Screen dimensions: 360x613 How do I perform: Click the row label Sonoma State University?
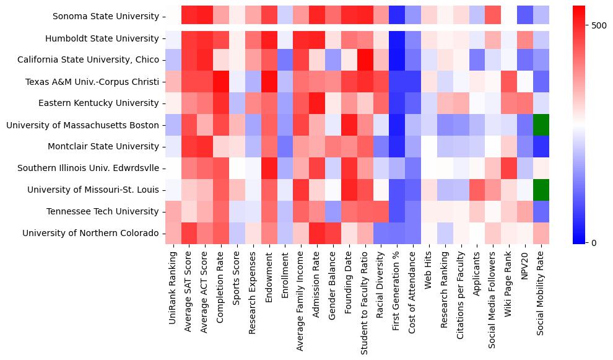tap(105, 17)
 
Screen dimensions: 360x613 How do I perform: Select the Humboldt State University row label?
tap(102, 38)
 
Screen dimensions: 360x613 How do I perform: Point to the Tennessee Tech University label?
tap(103, 212)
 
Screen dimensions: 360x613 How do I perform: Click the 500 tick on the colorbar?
tap(599, 25)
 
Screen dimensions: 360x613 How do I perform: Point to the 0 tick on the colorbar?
tap(594, 242)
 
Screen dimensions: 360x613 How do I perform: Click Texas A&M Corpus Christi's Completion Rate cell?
tap(220, 82)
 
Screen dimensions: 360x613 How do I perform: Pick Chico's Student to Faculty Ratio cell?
tap(365, 60)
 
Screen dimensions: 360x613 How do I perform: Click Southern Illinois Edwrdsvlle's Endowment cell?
tap(269, 169)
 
